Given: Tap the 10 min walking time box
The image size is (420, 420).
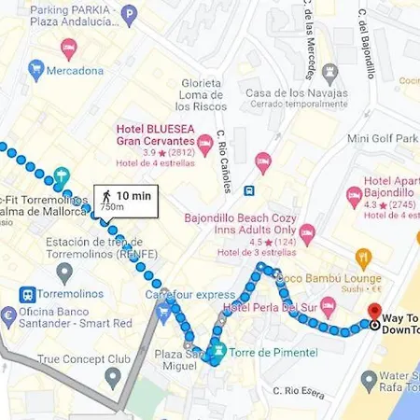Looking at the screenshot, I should tap(125, 200).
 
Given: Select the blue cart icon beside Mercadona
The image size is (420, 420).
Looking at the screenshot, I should tap(36, 69).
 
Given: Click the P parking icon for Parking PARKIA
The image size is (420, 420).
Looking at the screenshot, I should tap(129, 15).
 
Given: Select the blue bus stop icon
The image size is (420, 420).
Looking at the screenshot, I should tap(249, 190).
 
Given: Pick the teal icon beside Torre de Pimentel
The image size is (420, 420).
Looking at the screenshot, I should tap(217, 352).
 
